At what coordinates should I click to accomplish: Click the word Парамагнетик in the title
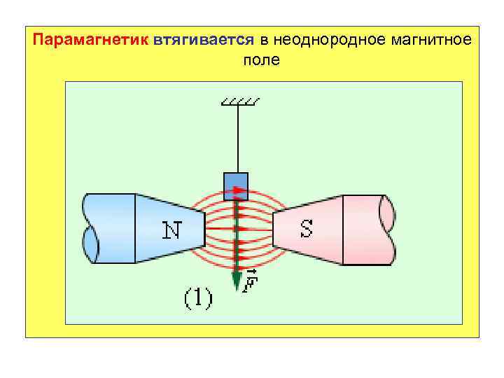pyautogui.click(x=89, y=39)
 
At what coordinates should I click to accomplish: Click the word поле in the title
pyautogui.click(x=260, y=60)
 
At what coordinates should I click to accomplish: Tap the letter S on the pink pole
pyautogui.click(x=306, y=229)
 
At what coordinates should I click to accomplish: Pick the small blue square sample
pyautogui.click(x=236, y=185)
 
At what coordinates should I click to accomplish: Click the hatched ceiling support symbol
pyautogui.click(x=239, y=103)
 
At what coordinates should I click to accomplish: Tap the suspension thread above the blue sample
pyautogui.click(x=237, y=140)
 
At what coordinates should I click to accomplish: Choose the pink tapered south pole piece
pyautogui.click(x=308, y=229)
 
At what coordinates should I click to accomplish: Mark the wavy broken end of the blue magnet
pyautogui.click(x=90, y=229)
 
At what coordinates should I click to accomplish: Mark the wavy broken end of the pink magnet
pyautogui.click(x=387, y=229)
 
